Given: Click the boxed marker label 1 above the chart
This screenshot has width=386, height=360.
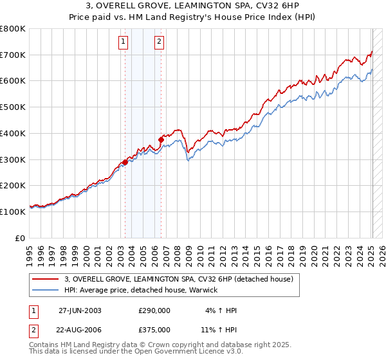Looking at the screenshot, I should coord(123,43).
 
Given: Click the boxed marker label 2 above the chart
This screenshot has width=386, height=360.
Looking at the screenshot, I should coord(158,43).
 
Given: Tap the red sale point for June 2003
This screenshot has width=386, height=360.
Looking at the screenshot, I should coord(125,162).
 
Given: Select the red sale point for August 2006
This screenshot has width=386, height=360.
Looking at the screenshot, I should coord(161,139).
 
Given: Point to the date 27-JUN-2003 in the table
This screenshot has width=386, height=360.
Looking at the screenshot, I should coord(80,310).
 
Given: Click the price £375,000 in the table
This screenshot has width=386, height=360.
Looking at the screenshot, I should coord(154,329).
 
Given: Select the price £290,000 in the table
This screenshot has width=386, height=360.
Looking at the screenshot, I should coord(154,310).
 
